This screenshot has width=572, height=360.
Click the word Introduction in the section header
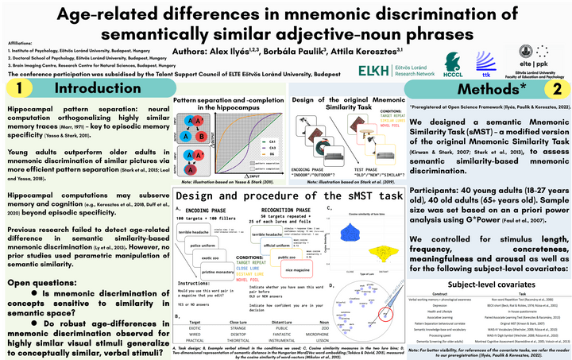pyautogui.click(x=91, y=87)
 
